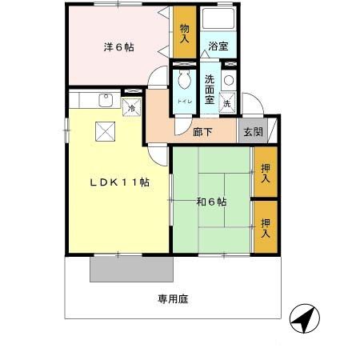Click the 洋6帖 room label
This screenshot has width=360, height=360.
coord(118,47)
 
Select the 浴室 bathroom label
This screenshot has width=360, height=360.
coord(218,46)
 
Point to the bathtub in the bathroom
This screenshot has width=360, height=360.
coord(217,21)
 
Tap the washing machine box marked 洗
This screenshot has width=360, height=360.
coord(227,103)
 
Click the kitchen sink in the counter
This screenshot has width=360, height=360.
coord(103,100)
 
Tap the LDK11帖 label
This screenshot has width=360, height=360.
coord(119,182)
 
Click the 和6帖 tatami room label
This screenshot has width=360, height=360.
coord(211,202)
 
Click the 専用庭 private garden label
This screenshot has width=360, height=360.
coord(173,299)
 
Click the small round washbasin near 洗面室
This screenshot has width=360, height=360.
coord(230,80)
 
